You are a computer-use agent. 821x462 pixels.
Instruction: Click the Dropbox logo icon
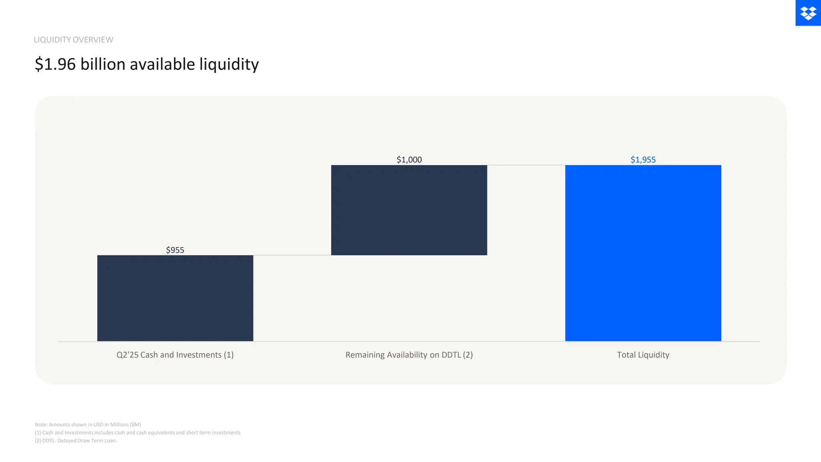tap(808, 13)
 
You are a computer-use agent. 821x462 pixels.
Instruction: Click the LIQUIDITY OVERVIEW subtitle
tap(73, 40)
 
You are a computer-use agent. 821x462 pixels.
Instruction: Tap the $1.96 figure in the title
tap(55, 64)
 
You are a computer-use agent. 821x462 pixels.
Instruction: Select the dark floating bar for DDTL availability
tap(409, 210)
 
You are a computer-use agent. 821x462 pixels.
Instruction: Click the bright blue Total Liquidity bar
tap(643, 253)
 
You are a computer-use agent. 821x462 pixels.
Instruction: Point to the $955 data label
tap(175, 250)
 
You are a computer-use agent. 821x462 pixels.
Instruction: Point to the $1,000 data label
tap(409, 160)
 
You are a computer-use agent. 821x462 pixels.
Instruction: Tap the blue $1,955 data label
tap(643, 160)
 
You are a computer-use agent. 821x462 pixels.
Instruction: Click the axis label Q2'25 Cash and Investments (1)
tap(175, 355)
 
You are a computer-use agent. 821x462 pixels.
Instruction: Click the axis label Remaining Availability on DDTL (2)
tap(409, 355)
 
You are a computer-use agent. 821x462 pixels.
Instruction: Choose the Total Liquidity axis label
tap(643, 355)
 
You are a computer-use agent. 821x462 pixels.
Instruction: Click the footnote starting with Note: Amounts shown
tap(88, 424)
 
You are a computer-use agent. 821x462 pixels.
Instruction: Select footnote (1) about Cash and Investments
tap(138, 432)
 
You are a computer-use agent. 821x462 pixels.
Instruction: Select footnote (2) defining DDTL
tap(76, 440)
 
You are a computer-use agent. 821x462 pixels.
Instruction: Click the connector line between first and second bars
tap(292, 255)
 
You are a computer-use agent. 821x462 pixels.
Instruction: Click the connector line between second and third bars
tap(526, 165)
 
